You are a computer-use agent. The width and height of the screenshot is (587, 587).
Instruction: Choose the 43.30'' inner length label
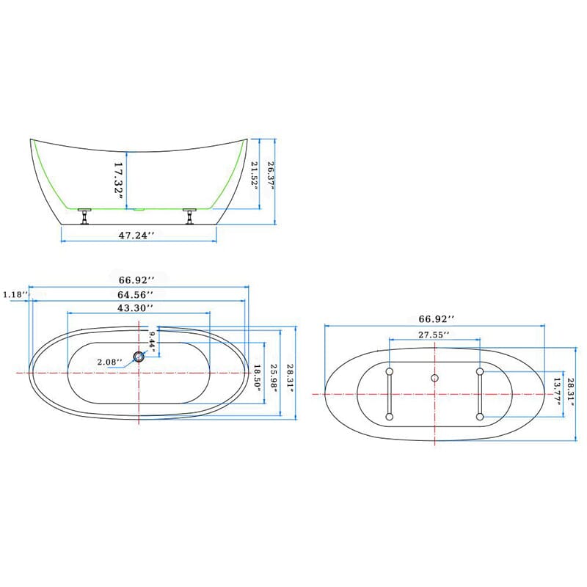point(135,307)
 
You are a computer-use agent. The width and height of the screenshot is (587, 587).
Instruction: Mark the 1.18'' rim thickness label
point(15,294)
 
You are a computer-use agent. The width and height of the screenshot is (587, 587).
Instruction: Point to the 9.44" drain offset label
point(152,340)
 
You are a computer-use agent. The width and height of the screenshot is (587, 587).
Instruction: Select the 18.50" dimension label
point(258,379)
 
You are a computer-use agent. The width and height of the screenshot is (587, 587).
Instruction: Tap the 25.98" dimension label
point(274,379)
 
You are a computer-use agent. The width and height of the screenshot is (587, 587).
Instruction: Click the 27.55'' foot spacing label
point(434,334)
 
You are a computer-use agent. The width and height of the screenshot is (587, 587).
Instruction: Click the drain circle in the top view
point(139,357)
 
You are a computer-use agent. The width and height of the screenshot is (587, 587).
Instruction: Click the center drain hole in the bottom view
point(434,378)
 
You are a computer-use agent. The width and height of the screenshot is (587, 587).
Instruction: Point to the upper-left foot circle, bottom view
point(389,371)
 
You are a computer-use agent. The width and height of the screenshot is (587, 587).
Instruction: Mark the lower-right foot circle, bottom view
point(479,417)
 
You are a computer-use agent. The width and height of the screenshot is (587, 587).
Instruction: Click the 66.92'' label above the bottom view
point(436,319)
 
